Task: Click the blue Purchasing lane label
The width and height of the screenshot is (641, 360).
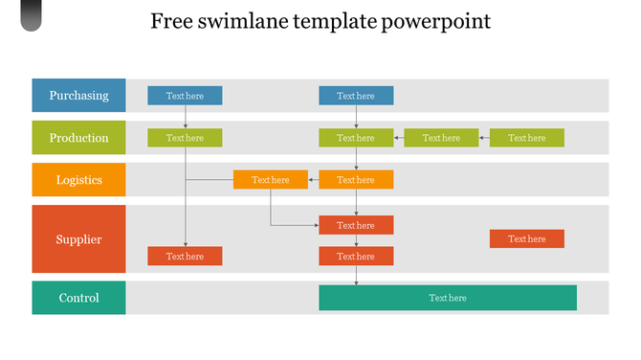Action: tap(78, 96)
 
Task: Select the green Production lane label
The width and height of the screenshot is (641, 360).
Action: tap(78, 138)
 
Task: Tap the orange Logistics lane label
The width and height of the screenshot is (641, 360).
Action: tap(78, 180)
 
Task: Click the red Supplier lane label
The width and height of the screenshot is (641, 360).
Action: tap(78, 239)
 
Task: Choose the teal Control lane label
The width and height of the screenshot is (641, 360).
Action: tap(78, 298)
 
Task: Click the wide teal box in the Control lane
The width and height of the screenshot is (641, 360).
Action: tap(448, 298)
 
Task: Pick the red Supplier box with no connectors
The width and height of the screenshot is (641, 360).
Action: tap(526, 238)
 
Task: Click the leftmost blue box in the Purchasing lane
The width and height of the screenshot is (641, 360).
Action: tap(185, 96)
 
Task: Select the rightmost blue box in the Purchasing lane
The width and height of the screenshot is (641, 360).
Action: tap(356, 96)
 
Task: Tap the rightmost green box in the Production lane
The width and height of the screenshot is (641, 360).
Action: tap(526, 138)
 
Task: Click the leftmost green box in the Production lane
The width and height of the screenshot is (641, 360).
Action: tap(185, 138)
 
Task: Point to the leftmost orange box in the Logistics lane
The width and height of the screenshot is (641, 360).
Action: tap(270, 180)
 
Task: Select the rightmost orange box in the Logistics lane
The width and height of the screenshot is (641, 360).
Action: tap(356, 180)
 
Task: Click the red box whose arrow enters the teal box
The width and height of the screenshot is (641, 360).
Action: tap(356, 257)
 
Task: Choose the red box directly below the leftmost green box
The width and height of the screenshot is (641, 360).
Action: tap(185, 257)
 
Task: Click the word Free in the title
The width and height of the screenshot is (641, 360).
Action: tap(170, 21)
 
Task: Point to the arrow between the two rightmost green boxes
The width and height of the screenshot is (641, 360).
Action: tap(483, 138)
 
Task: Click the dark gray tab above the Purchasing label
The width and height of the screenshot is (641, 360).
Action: tap(32, 15)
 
